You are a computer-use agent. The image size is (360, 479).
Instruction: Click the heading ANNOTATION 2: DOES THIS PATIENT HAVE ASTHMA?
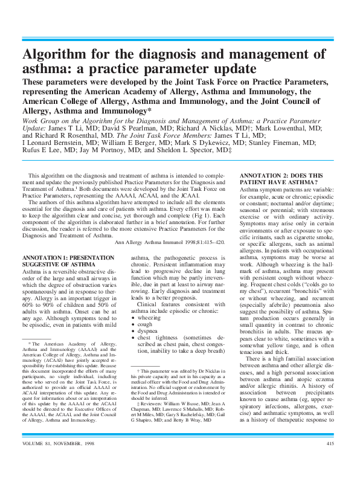(281, 178)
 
